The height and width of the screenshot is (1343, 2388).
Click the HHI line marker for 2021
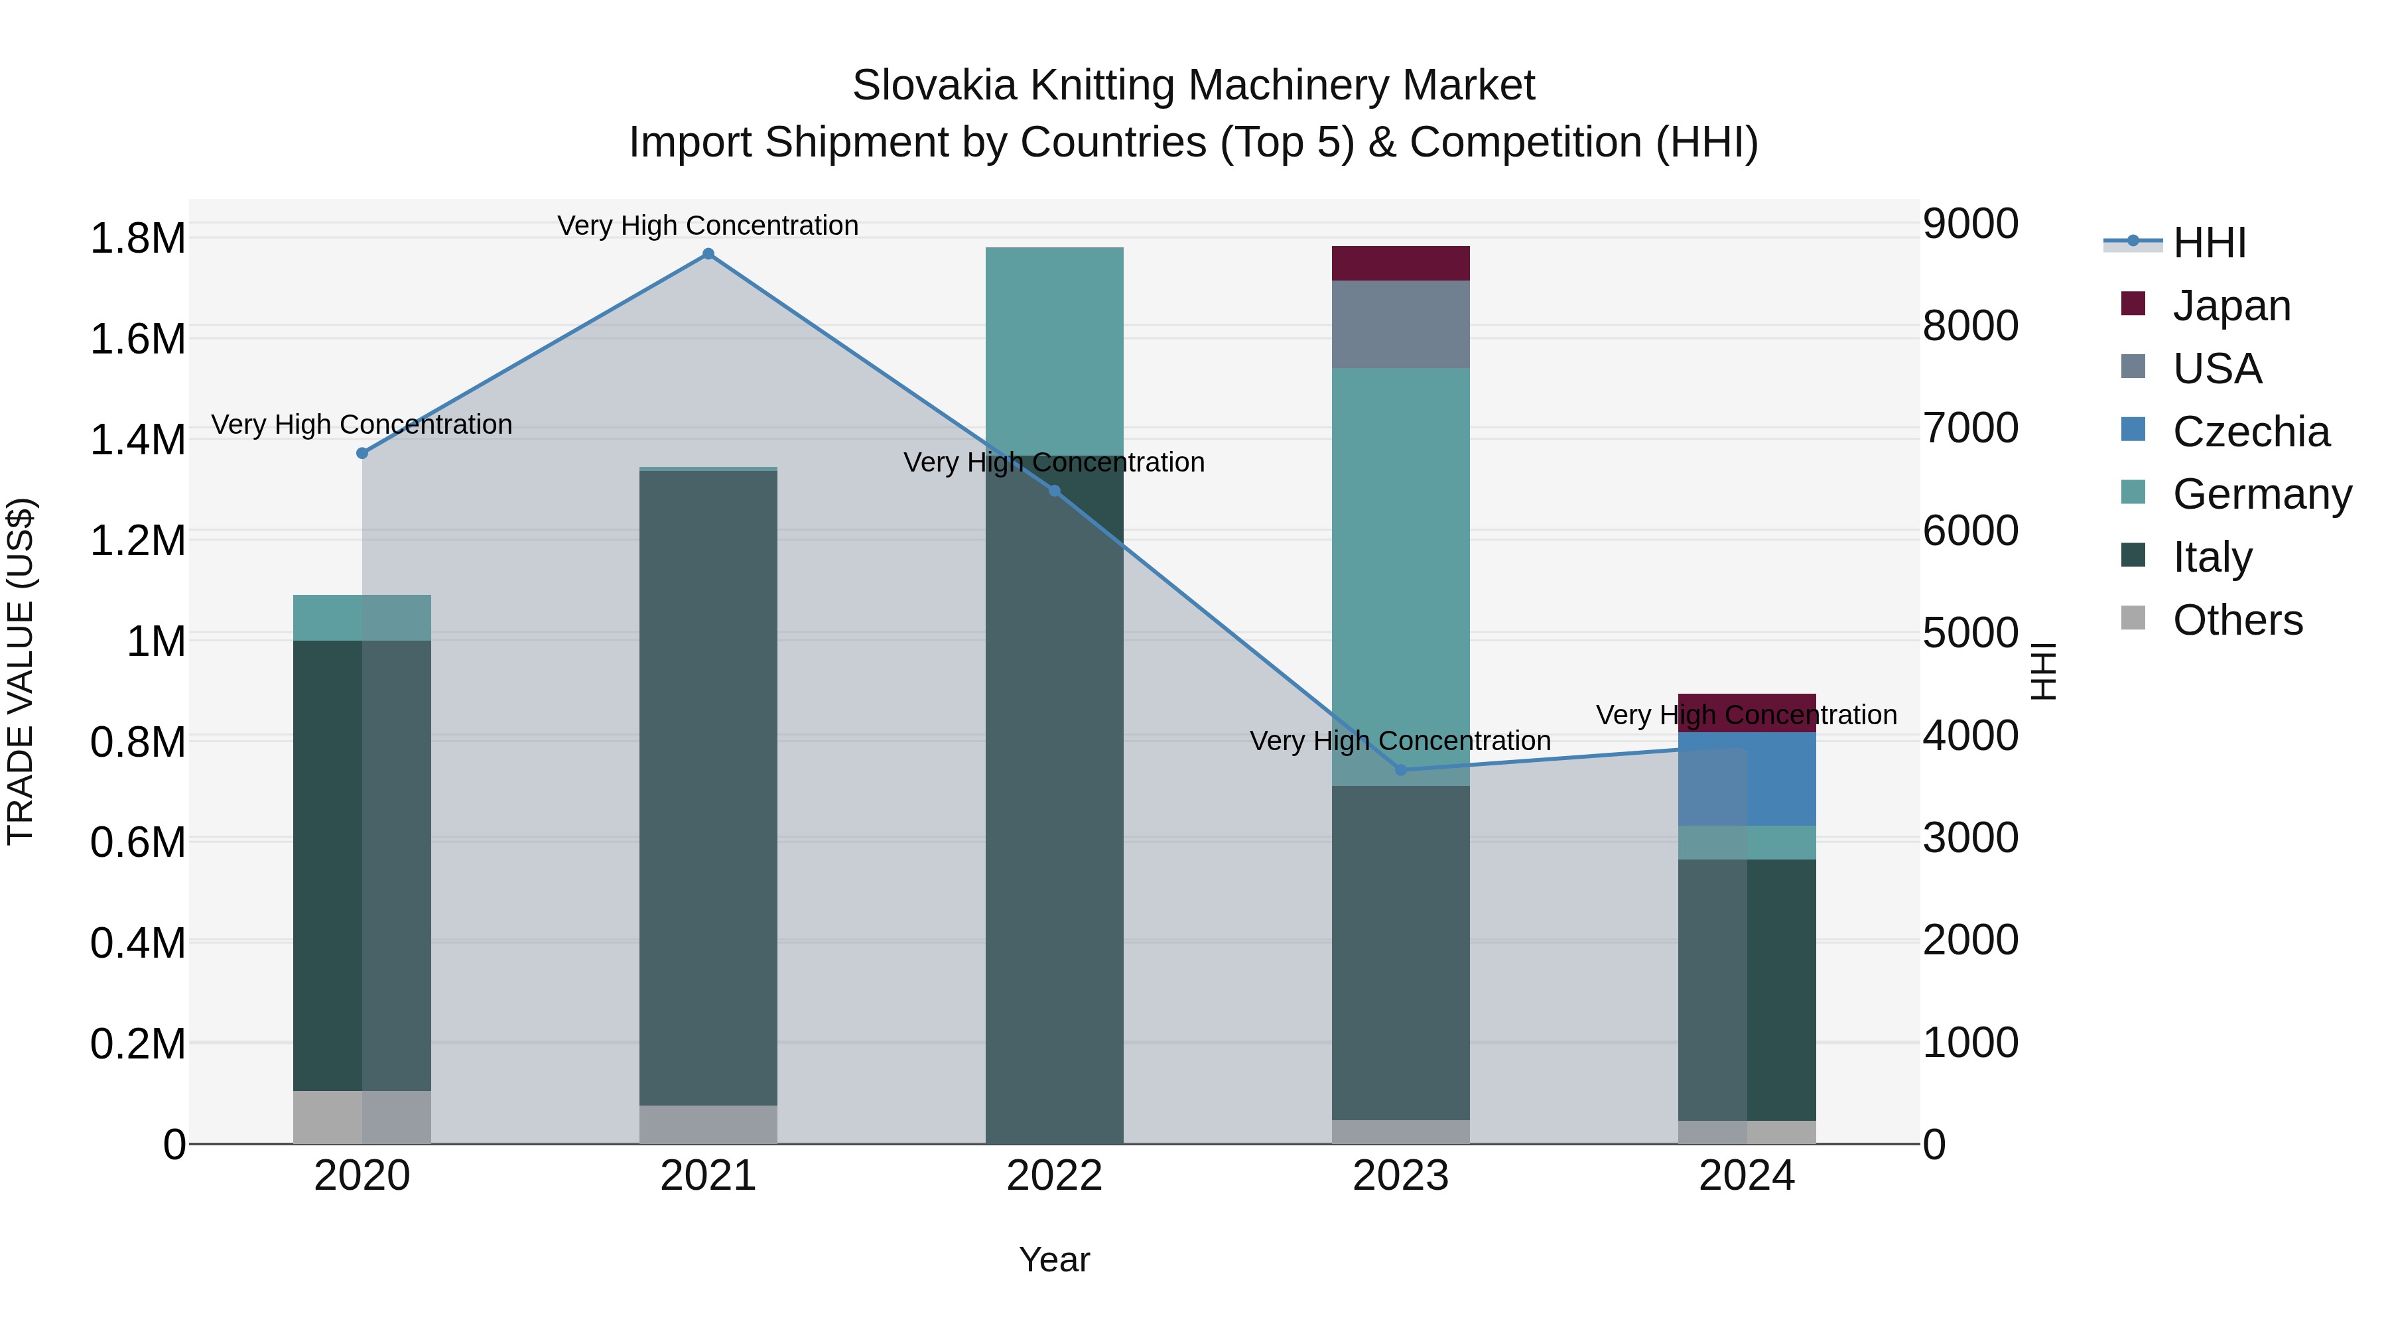click(x=708, y=254)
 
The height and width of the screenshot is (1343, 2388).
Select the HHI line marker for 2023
click(x=1401, y=770)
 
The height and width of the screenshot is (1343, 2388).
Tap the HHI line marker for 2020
click(x=362, y=453)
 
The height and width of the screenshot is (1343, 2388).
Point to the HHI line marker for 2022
click(x=1054, y=490)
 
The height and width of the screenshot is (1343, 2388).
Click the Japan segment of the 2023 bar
click(x=1401, y=263)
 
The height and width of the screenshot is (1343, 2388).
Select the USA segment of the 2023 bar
click(x=1401, y=324)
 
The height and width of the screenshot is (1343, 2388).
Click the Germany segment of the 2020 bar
click(x=362, y=617)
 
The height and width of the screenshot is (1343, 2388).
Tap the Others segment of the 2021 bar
click(x=708, y=1124)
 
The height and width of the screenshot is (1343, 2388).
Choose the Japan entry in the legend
click(x=2230, y=306)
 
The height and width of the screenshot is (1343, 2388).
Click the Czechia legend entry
click(x=2250, y=432)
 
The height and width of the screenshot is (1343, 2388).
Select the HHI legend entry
click(x=2209, y=243)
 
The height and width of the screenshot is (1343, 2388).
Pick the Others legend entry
click(x=2237, y=620)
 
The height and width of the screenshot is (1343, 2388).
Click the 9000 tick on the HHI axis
click(x=1970, y=224)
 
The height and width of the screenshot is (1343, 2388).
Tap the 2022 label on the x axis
click(x=1054, y=1176)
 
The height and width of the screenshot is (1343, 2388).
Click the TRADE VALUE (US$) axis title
click(x=21, y=671)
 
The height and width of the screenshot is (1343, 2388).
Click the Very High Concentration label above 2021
click(x=708, y=226)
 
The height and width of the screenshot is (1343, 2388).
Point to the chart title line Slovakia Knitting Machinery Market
click(x=1193, y=86)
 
